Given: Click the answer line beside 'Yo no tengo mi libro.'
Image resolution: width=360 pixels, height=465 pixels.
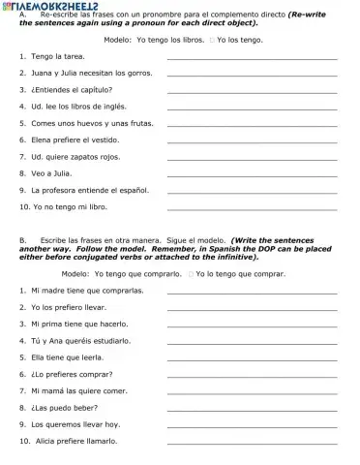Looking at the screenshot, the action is (252, 209).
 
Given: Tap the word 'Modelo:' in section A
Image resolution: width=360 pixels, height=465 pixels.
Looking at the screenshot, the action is (119, 41).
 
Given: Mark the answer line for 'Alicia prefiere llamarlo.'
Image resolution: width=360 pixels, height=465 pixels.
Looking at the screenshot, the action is (252, 443).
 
